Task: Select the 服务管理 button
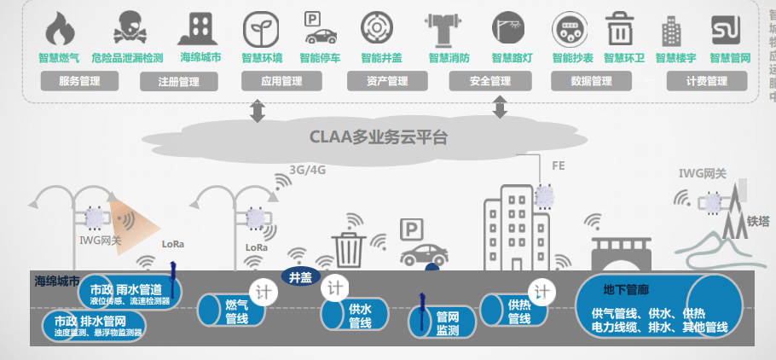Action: [79, 81]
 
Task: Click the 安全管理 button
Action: [489, 81]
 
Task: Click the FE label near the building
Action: [559, 165]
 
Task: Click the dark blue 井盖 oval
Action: [300, 276]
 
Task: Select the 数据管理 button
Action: [591, 81]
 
